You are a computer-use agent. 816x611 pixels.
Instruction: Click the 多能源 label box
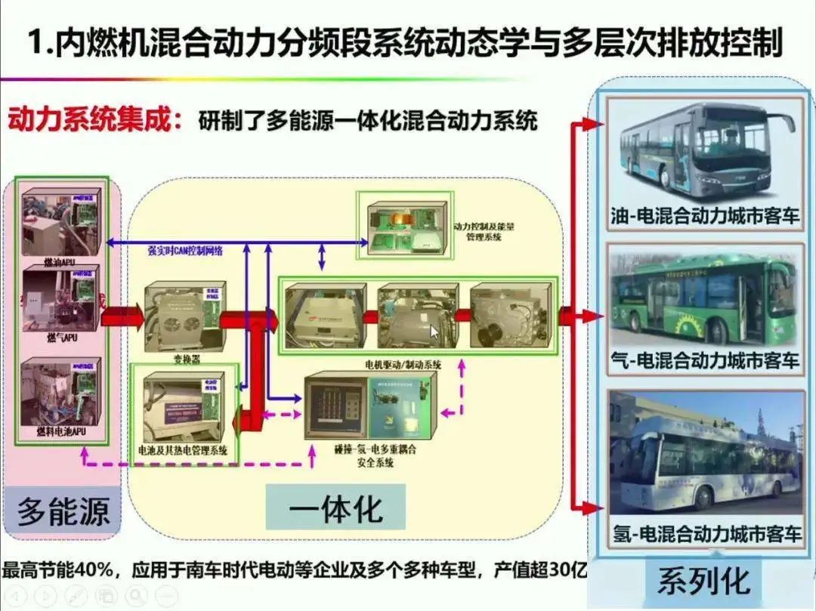click(x=63, y=511)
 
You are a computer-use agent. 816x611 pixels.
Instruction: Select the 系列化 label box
click(x=703, y=581)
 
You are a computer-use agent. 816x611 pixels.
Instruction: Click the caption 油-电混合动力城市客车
click(x=704, y=217)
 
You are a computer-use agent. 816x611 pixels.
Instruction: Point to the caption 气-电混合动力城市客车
click(x=704, y=360)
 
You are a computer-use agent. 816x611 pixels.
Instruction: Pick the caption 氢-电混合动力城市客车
click(x=706, y=535)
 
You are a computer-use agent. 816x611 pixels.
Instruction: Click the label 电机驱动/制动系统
click(x=401, y=364)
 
